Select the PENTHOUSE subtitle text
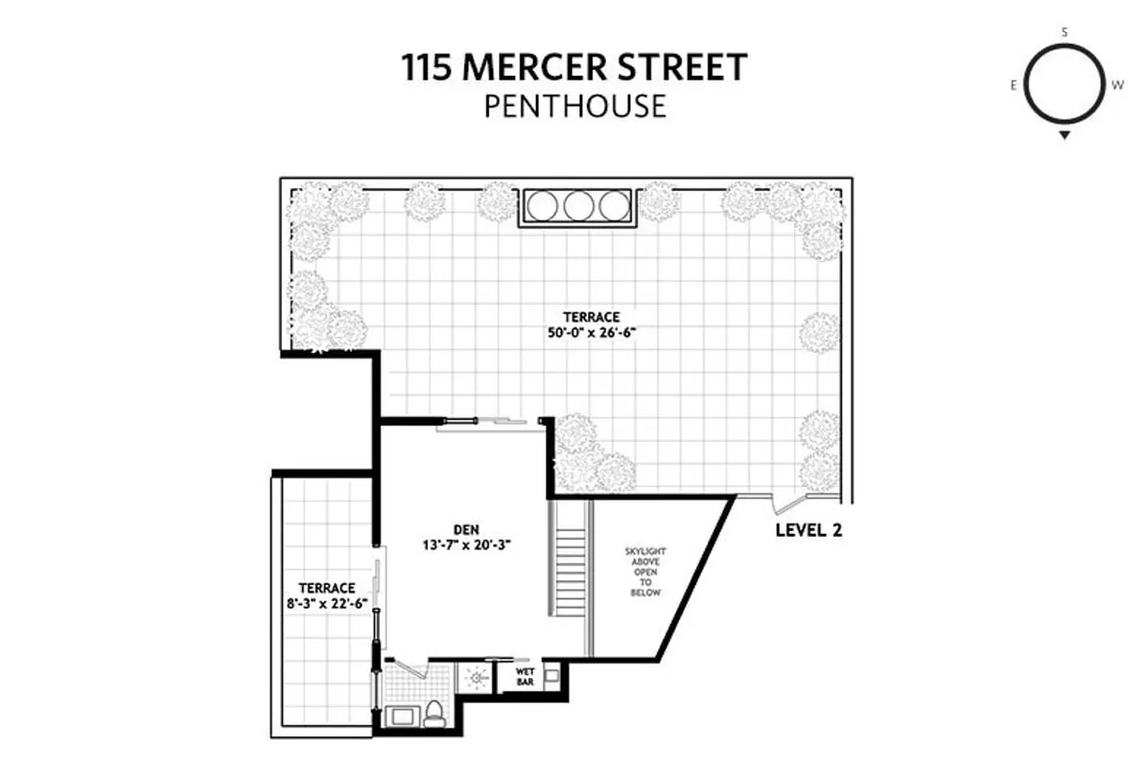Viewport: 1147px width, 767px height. coord(573,105)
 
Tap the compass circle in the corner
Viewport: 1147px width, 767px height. coord(1065,83)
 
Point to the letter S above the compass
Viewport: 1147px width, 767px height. coord(1065,33)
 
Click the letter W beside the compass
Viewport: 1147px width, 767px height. coord(1117,85)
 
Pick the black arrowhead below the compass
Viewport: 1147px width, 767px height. coord(1065,136)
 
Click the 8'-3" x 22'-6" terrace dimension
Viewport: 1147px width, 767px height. coord(326,604)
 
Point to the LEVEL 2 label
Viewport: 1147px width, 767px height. coord(808,530)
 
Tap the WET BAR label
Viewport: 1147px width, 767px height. coord(526,677)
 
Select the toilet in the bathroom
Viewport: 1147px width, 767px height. coord(434,711)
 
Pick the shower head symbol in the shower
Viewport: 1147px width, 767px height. coord(477,677)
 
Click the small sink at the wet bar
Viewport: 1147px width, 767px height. coord(550,676)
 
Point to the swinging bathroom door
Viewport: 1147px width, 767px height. coord(408,666)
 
